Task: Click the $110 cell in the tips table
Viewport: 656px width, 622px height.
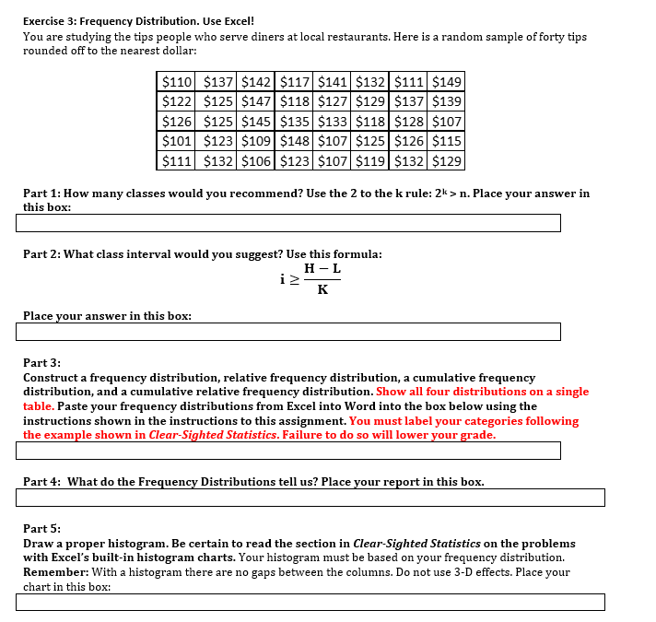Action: click(176, 82)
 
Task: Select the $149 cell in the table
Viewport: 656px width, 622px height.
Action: click(447, 82)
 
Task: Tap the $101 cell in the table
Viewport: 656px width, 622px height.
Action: click(176, 141)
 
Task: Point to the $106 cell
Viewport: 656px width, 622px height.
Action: click(253, 161)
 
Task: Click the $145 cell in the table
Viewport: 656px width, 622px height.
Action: click(253, 122)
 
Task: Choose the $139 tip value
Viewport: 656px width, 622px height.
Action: click(447, 101)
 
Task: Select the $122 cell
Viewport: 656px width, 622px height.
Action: click(176, 101)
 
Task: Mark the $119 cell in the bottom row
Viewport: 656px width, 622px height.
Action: click(369, 161)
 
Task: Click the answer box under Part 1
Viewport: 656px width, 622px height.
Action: click(288, 223)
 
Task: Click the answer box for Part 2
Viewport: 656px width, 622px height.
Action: click(288, 332)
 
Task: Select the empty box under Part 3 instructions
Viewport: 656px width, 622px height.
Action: click(288, 451)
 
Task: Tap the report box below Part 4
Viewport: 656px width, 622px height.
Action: click(310, 498)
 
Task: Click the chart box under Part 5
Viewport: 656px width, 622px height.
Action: click(310, 602)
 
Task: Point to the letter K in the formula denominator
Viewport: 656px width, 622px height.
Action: click(322, 290)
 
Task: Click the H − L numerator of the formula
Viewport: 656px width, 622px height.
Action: click(322, 268)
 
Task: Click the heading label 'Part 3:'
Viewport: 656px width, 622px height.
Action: click(41, 363)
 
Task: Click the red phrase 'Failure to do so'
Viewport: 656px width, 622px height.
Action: click(369, 435)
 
